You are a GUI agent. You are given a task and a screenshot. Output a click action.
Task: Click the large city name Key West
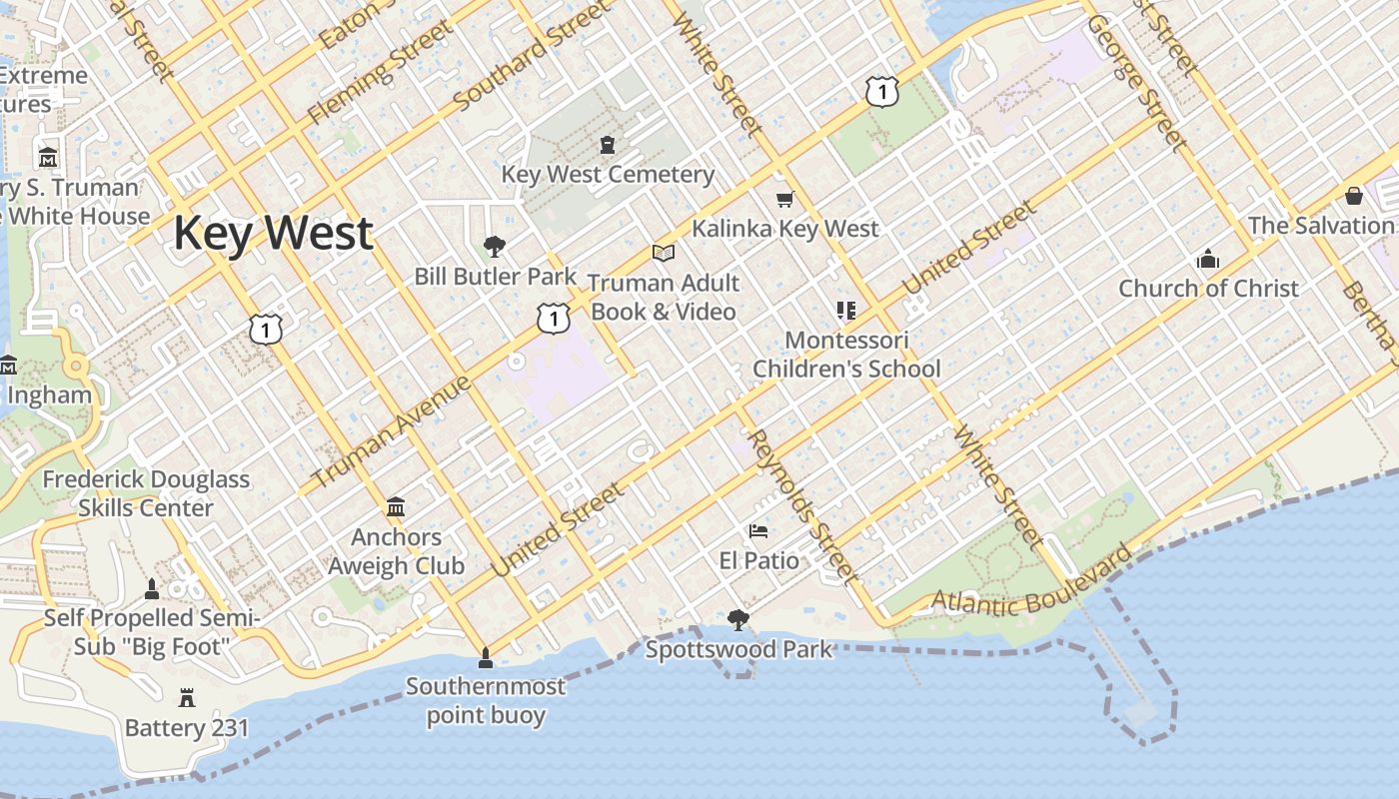pos(273,234)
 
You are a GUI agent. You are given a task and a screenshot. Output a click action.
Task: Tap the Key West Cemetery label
pos(608,175)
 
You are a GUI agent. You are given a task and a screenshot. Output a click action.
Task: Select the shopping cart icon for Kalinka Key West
pos(784,200)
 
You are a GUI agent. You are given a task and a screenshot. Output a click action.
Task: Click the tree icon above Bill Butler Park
pos(494,247)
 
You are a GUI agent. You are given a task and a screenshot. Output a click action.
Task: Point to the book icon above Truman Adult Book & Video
pos(664,254)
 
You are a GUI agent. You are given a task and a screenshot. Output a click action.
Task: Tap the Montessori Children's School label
pos(846,355)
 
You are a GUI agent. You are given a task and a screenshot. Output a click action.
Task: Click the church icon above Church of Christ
pos(1208,260)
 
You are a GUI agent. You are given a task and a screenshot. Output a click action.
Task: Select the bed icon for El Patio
pos(758,531)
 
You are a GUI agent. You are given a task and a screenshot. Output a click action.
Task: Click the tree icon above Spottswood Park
pos(738,621)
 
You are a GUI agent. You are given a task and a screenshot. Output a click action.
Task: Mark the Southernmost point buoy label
pos(486,701)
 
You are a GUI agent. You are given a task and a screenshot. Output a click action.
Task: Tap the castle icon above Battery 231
pos(187,697)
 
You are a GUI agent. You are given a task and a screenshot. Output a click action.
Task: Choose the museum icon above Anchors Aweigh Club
pos(396,507)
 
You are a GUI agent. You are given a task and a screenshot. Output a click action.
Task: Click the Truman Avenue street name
pos(392,431)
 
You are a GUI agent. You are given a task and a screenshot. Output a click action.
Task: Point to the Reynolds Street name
pos(802,506)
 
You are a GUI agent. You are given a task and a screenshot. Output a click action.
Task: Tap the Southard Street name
pos(531,57)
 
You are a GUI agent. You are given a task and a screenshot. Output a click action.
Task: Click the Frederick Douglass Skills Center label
pos(146,493)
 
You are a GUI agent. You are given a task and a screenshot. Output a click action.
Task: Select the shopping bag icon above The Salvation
pos(1354,196)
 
